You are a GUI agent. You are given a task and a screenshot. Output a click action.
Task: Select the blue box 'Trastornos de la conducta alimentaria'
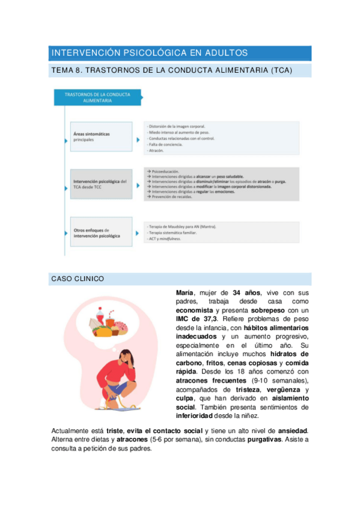point(96,97)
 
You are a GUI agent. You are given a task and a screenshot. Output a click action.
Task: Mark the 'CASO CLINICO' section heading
point(78,279)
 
